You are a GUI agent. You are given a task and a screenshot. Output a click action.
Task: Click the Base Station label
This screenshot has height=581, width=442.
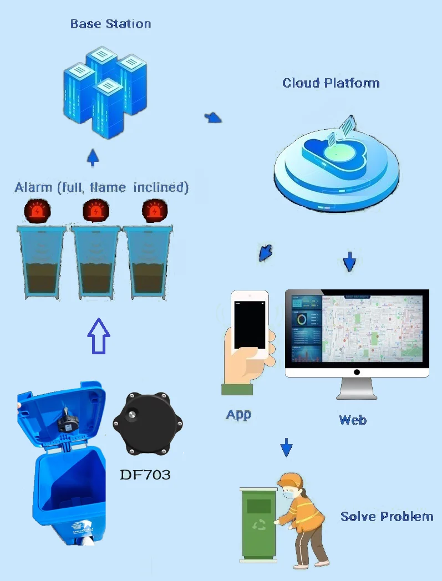[x=110, y=24]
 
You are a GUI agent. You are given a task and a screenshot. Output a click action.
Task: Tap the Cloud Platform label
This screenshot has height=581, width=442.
[x=331, y=83]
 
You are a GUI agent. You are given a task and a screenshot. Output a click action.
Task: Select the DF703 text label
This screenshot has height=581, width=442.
[x=145, y=475]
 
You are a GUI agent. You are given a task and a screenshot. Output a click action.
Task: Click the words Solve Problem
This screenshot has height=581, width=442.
[x=387, y=517]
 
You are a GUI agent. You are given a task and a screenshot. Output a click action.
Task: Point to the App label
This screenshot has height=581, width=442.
[x=238, y=414]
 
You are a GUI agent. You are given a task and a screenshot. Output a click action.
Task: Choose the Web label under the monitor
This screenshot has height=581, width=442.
[x=353, y=420]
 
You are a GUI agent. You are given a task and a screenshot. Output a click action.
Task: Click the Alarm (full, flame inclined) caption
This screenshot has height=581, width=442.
[x=101, y=187]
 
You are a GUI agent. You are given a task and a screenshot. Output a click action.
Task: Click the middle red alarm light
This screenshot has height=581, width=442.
[x=96, y=211]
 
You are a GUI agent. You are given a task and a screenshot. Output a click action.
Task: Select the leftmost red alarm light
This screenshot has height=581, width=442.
[x=37, y=211]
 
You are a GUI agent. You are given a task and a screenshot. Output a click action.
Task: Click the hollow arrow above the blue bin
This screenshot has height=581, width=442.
[x=99, y=335]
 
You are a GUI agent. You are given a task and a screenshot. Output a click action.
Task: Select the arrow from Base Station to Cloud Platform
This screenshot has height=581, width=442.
[x=213, y=118]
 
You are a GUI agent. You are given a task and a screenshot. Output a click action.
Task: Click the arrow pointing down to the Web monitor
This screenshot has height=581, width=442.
[x=349, y=262]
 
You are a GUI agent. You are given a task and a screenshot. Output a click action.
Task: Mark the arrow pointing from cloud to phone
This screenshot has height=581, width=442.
[x=266, y=252]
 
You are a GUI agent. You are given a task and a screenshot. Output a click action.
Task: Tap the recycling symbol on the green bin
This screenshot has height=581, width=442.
[x=259, y=524]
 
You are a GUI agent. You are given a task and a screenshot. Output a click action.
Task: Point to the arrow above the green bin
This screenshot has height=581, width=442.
[x=286, y=446]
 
